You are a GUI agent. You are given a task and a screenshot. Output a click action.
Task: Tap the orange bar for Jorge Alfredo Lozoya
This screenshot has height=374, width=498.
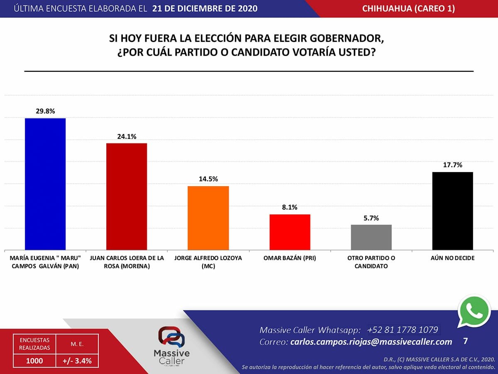point(208,217)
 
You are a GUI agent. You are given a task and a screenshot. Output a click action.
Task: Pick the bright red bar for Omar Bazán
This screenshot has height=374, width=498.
point(290,231)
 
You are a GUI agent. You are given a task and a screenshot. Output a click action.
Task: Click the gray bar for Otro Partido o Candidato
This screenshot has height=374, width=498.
point(371,237)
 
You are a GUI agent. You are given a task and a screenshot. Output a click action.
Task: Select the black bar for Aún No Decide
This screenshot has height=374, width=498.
point(453,210)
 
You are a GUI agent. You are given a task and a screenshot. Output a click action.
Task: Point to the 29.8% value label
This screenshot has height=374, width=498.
point(45,111)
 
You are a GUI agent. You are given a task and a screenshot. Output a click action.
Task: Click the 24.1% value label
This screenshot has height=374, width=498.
point(127,136)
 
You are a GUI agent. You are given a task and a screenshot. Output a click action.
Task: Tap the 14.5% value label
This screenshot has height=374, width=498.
point(208,179)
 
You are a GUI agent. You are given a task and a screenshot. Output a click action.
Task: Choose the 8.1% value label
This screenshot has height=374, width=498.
point(290,207)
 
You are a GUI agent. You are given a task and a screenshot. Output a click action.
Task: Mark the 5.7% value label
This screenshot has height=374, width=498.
point(371,218)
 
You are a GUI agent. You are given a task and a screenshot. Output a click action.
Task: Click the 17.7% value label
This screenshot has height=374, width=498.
point(453,165)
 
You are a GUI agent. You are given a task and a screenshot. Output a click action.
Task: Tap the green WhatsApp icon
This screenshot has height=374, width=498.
point(474,312)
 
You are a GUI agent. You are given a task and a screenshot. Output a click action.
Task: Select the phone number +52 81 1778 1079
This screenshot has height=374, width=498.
point(403,330)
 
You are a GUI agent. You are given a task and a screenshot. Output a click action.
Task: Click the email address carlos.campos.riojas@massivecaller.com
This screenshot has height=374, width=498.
point(371,342)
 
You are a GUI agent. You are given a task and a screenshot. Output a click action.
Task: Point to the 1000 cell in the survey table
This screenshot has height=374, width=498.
point(34,361)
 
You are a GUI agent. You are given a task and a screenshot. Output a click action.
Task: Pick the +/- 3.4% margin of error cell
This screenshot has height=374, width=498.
point(77,361)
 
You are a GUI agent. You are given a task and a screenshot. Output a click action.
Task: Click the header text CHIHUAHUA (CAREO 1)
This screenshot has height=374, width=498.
point(408,9)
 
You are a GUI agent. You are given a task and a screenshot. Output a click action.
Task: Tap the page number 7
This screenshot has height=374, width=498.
point(465,341)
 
